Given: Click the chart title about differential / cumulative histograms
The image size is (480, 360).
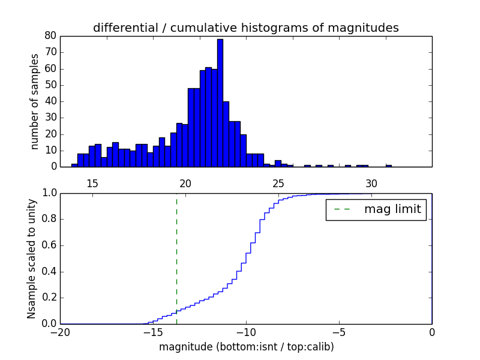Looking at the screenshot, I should (x=246, y=28).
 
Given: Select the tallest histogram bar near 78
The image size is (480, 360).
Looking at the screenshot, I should (x=220, y=103).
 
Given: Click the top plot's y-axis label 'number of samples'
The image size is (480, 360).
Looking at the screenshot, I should (x=35, y=101).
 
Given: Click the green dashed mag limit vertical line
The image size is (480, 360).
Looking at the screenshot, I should (x=176, y=258).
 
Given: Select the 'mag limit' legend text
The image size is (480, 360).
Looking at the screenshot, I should (x=392, y=209).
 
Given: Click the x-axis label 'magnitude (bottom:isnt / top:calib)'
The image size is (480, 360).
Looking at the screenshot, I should (x=246, y=347).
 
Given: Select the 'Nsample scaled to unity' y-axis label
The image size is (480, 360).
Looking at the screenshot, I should (x=31, y=258).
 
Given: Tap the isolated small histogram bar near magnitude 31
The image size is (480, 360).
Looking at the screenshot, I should (x=389, y=165).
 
